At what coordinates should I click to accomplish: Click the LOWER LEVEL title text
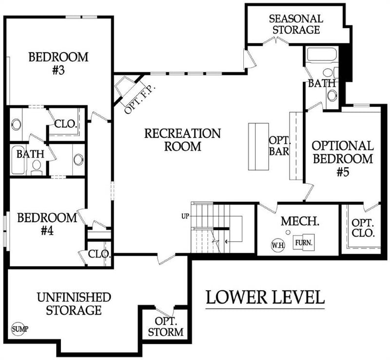pos(265,297)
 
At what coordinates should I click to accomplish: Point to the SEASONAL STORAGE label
pos(296,24)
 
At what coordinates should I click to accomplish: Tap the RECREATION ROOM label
pos(182,139)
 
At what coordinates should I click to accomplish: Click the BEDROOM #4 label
pos(47,224)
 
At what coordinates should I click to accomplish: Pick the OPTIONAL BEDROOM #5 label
pos(343,158)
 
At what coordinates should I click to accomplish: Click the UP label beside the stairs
pos(185,215)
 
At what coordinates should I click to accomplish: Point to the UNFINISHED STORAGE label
pos(74,303)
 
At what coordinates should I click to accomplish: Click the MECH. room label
pos(300,221)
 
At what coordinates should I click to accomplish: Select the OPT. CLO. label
pos(363,228)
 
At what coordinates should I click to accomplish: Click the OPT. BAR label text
pos(279,145)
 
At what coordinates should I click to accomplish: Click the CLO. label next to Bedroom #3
pos(65,124)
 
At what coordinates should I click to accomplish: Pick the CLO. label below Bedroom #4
pos(99,254)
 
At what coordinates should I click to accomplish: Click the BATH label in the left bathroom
pos(30,154)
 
